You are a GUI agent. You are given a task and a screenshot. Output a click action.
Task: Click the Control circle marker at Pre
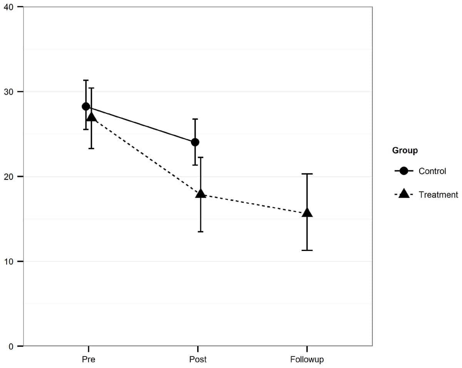coord(86,106)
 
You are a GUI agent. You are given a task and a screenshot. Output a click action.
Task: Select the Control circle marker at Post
coord(195,142)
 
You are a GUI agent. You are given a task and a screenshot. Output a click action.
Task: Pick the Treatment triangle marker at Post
coord(201,194)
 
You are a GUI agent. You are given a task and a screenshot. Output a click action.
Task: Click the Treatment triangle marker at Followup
coord(307,213)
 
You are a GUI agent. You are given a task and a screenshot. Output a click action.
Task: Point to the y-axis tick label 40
coord(8,7)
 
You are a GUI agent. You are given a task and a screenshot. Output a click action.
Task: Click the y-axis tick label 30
coord(8,92)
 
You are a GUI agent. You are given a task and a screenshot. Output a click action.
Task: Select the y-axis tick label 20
coord(8,177)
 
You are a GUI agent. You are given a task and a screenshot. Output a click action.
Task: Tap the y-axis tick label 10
coord(8,261)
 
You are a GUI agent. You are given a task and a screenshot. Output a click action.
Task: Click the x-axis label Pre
coord(89,360)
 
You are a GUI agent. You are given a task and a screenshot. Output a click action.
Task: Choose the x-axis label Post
coord(198,360)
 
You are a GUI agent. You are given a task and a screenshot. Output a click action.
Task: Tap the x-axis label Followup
coord(307,360)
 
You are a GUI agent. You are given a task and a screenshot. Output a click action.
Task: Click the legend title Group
coord(405,151)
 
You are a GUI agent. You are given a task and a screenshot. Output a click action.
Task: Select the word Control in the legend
coord(432,171)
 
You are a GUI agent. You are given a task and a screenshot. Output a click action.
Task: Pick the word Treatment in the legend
coord(438,195)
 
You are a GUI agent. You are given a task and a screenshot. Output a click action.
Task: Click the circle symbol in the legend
coord(404,171)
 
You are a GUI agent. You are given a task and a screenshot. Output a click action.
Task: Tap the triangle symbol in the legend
coord(404,194)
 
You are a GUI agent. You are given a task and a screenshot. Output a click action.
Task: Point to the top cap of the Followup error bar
coord(307,174)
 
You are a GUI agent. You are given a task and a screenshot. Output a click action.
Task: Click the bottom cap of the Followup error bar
coord(307,250)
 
